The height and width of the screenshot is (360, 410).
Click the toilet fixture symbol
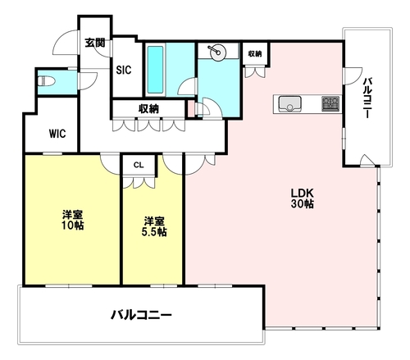tap(46, 81)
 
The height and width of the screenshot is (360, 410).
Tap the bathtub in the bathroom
tap(155, 70)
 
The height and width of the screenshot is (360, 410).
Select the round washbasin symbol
tap(218, 52)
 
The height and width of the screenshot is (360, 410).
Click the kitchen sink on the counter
tap(289, 104)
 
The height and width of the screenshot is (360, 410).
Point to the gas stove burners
tap(330, 103)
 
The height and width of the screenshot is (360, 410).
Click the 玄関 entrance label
tap(95, 43)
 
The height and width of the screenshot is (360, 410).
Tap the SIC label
tap(124, 70)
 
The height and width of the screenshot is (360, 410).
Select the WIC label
tap(57, 134)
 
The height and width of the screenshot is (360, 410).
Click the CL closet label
tap(139, 165)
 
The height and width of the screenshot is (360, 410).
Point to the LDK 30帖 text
tap(302, 198)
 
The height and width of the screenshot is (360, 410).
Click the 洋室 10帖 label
tap(72, 220)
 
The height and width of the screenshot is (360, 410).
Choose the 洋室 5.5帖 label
tap(154, 226)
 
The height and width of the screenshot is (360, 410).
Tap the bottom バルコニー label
tap(141, 315)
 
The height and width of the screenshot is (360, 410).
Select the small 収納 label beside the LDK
tap(255, 54)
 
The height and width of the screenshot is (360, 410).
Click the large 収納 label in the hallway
tap(148, 109)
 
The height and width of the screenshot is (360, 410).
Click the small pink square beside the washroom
tap(190, 109)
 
